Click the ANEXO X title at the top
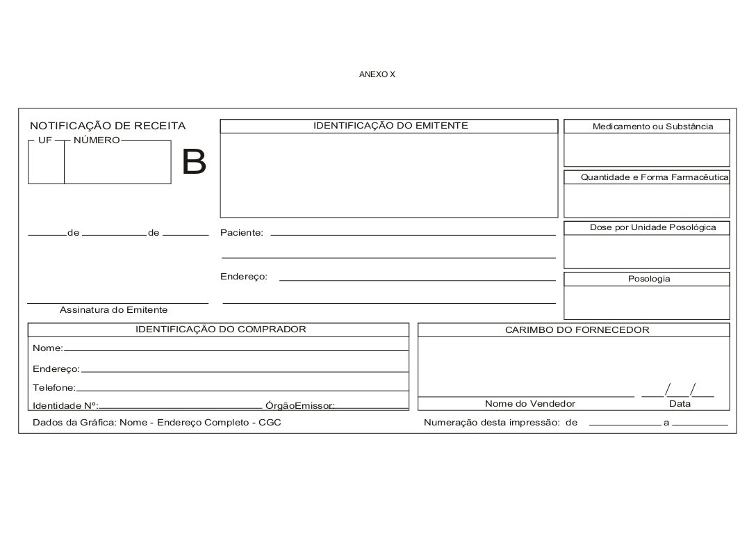coord(377,74)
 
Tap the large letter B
coord(194,163)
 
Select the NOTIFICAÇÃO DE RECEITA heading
coord(108,126)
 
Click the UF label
coord(45,140)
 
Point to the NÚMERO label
coord(97,140)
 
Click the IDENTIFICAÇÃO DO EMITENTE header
coord(391,126)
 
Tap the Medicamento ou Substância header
coord(652,127)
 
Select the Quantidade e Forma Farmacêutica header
coord(655,177)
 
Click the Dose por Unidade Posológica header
coord(652,227)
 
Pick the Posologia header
coord(649,279)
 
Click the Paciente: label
coord(242,233)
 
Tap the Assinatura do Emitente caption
coord(113,310)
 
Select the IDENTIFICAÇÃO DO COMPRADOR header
coord(220,330)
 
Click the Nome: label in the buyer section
coord(48,348)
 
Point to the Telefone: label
coord(54,387)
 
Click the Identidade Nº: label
coord(65,405)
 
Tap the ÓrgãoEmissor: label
coord(300,405)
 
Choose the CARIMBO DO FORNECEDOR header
coord(577,330)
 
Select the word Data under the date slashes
coord(680,404)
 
